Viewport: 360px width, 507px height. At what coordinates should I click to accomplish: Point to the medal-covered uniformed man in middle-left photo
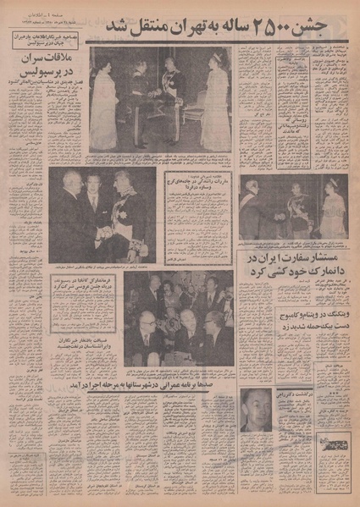pyautogui.click(x=132, y=216)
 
